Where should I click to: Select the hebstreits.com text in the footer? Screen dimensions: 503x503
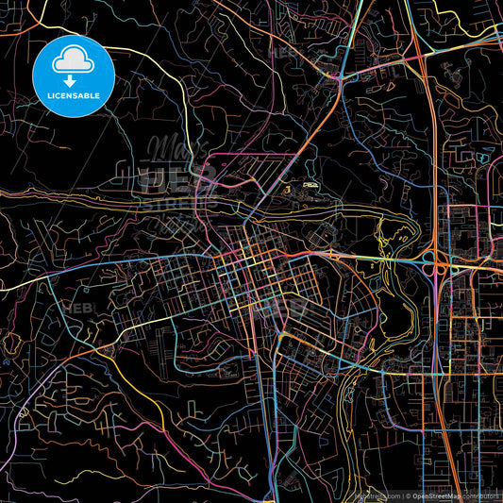375,494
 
